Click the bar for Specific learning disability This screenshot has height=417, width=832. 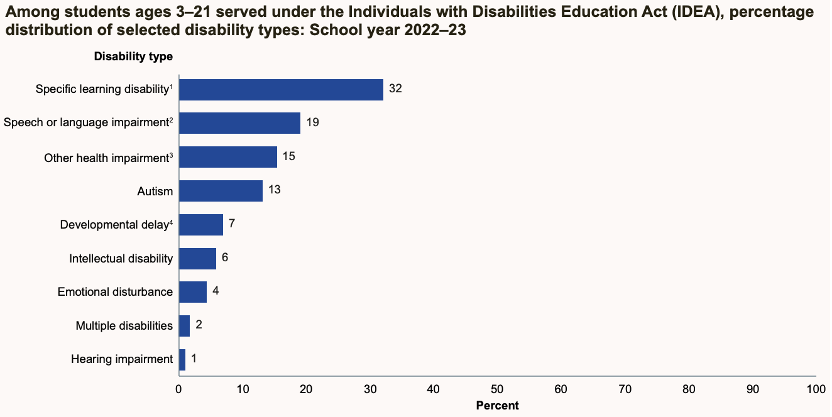tap(281, 90)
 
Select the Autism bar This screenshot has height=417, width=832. tap(221, 191)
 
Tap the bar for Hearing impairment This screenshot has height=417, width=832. tap(182, 359)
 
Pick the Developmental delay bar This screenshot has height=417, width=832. tap(201, 224)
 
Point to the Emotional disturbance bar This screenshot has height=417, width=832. tap(193, 292)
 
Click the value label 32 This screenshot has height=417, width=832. tap(395, 89)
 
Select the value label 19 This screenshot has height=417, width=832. tap(312, 122)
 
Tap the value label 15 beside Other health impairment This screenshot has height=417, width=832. tap(288, 156)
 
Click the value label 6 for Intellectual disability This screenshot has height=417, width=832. tap(225, 257)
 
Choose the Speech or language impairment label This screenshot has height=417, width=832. tap(86, 122)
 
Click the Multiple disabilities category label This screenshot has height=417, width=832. tap(124, 325)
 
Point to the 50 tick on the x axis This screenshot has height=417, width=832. tap(497, 389)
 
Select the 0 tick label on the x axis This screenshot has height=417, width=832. tap(179, 389)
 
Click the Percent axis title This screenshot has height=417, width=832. tap(497, 406)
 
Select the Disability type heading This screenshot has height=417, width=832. tap(133, 57)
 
